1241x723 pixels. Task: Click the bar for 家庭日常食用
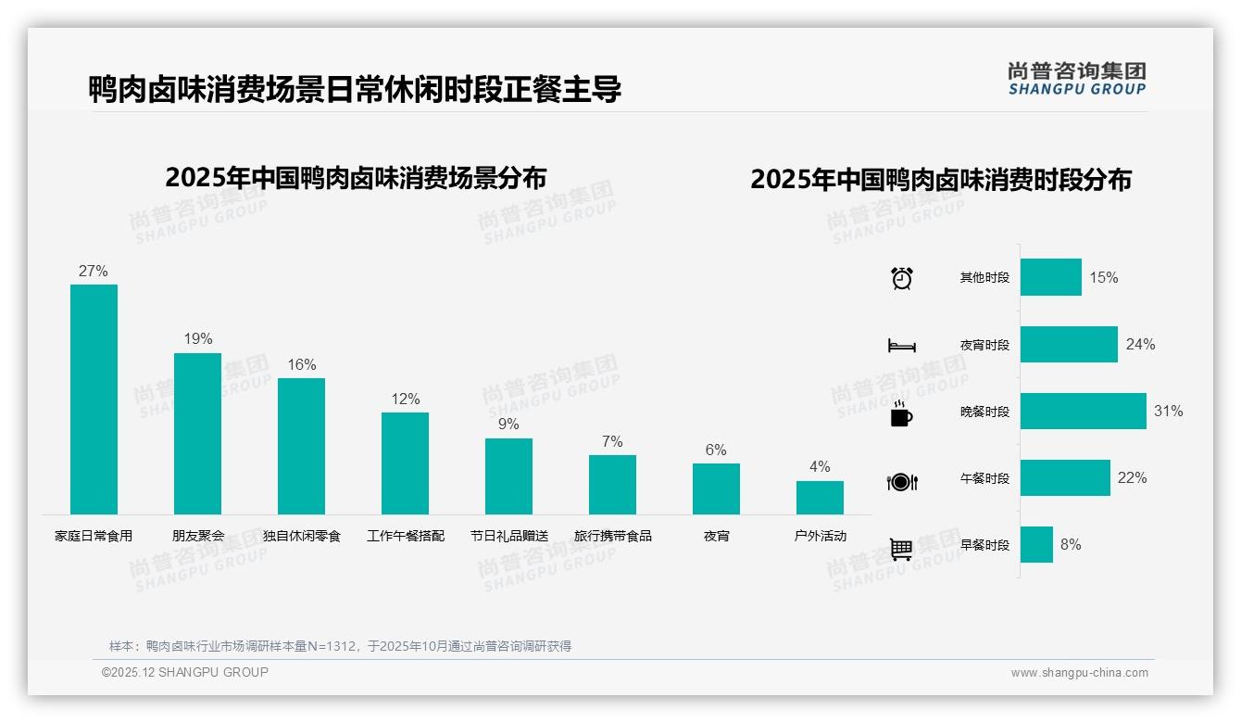94,399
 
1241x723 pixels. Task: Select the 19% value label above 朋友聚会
197,339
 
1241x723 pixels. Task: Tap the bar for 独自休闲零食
301,446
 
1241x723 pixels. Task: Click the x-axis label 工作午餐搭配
406,536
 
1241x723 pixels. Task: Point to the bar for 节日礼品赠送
508,476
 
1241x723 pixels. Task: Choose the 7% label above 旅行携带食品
612,442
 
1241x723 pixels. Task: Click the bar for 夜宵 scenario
716,488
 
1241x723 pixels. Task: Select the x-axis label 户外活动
820,536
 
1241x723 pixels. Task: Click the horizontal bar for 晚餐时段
1083,412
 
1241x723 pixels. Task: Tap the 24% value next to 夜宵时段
1140,345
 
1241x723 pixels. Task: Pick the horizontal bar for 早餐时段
1036,545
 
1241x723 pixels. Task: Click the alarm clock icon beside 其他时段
902,278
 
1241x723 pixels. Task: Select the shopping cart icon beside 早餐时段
901,549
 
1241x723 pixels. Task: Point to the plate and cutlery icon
902,482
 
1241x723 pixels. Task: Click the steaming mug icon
901,413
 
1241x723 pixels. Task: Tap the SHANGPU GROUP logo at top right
1076,79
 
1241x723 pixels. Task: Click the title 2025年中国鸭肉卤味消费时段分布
941,180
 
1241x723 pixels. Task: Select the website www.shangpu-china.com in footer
1079,673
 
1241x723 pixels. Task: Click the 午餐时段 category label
984,479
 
